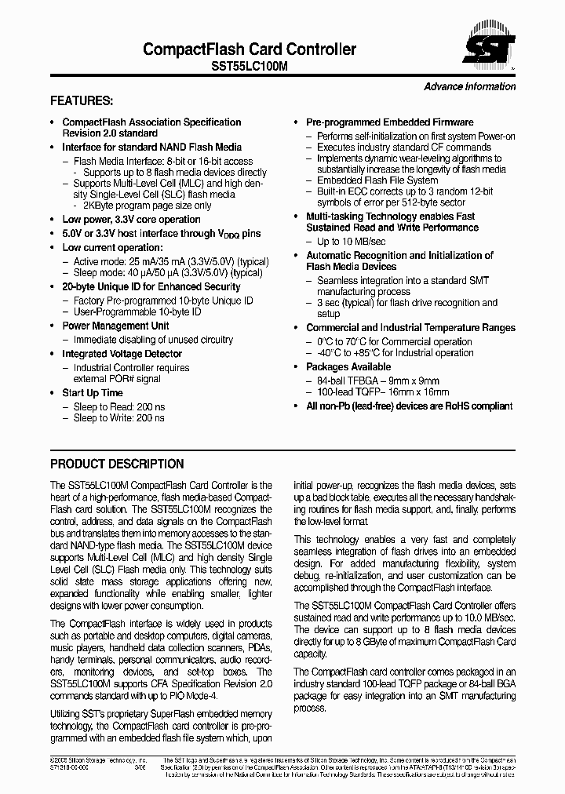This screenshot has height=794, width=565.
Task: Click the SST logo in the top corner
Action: coord(490,49)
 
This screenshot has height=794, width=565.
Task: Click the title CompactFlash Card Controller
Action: coord(250,49)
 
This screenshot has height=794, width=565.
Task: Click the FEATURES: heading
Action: coord(82,101)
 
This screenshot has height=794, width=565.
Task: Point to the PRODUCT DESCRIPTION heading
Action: coord(117,464)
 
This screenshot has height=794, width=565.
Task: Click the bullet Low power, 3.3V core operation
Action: coord(131,220)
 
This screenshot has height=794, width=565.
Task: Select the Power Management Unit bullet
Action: coord(115,326)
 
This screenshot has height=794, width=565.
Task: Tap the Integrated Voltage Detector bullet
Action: coord(122,354)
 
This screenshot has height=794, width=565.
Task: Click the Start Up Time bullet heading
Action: coord(93,392)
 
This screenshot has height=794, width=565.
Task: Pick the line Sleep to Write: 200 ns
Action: coord(118,418)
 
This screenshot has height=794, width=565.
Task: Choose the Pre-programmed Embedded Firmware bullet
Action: coord(389,122)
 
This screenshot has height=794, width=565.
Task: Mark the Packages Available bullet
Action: coord(348,366)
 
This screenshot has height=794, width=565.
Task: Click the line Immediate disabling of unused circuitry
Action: coord(153,340)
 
